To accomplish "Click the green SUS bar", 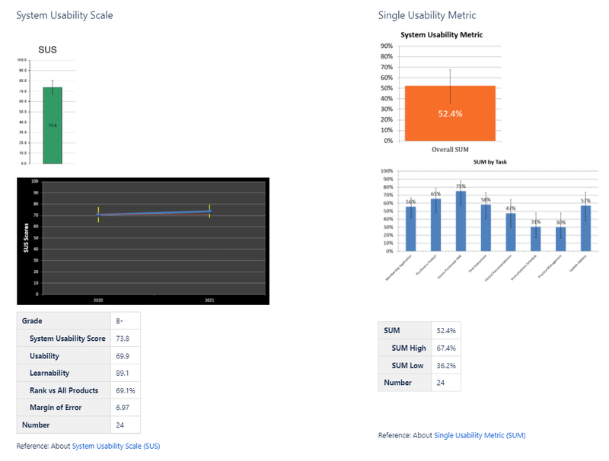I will (52, 126).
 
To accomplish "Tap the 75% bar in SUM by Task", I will (461, 221).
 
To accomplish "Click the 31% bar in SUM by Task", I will (536, 239).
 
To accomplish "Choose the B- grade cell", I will (125, 321).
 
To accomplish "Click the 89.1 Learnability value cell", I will (125, 373).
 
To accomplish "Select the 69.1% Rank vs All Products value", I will (125, 390).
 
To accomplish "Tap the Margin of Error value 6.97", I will (125, 408).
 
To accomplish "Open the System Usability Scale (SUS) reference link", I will (116, 446).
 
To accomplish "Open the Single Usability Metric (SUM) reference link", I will (480, 435).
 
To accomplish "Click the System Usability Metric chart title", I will (442, 34).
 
